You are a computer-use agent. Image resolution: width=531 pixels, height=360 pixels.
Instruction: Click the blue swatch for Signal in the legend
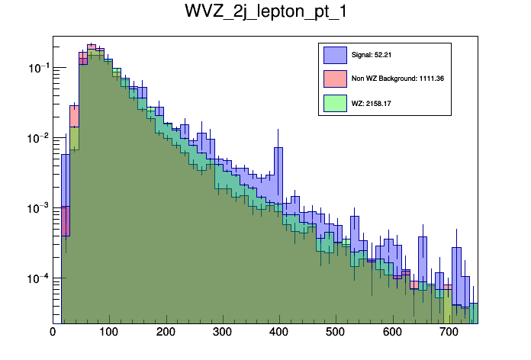[335, 55]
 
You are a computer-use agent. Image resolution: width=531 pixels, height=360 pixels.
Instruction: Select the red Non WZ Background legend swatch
[335, 78]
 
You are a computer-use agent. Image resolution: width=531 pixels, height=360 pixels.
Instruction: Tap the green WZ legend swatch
[335, 101]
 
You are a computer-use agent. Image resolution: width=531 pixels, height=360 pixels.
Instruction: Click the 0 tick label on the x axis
[53, 333]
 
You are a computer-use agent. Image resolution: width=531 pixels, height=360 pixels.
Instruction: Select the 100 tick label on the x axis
[108, 333]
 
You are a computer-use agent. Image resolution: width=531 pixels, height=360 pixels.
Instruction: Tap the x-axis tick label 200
[165, 333]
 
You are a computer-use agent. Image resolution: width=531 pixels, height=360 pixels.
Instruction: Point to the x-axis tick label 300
[221, 333]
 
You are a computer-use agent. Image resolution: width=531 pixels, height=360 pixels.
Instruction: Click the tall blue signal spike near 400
[278, 164]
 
